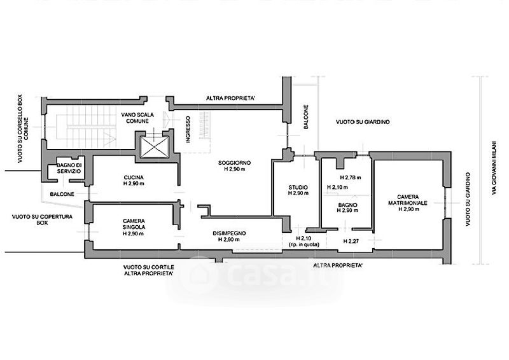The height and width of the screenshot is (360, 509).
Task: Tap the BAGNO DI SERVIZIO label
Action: click(69, 169)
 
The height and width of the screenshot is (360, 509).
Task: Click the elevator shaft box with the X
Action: click(154, 148)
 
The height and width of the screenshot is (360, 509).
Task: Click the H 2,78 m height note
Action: click(350, 177)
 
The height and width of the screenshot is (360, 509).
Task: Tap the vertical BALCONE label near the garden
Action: click(306, 118)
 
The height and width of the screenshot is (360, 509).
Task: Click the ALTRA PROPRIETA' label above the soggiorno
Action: click(230, 98)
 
